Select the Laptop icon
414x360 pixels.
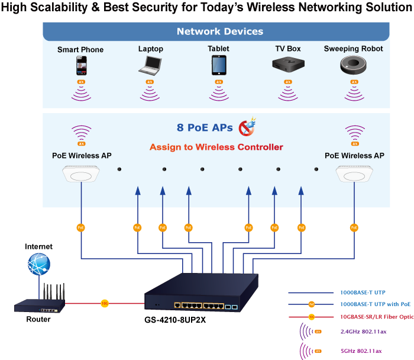150,65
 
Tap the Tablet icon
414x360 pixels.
218,65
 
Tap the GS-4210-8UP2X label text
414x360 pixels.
176,320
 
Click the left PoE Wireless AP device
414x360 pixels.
82,175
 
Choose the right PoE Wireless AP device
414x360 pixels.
354,175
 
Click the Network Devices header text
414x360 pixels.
219,31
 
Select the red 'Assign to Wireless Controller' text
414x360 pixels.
216,147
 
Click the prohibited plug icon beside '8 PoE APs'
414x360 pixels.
247,127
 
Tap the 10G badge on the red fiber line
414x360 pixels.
105,303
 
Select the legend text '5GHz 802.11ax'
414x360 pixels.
362,350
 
